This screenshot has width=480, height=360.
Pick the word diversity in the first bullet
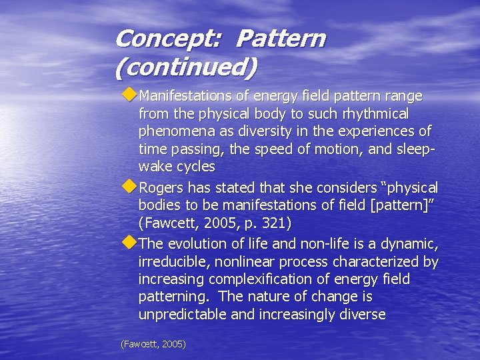coord(259,131)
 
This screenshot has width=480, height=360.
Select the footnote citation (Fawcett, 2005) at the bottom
coord(153,344)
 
